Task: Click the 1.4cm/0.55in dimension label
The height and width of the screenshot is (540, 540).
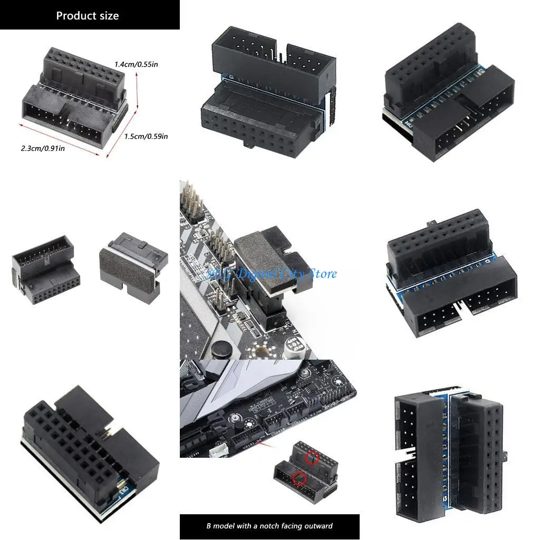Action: click(x=137, y=64)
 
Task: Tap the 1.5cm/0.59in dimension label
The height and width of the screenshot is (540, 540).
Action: click(x=146, y=137)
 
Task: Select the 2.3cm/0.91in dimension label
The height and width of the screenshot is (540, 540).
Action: click(x=43, y=148)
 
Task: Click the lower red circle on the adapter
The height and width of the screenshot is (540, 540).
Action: click(x=300, y=479)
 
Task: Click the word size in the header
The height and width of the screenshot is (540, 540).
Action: click(x=110, y=16)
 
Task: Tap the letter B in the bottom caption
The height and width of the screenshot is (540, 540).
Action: click(x=208, y=526)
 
